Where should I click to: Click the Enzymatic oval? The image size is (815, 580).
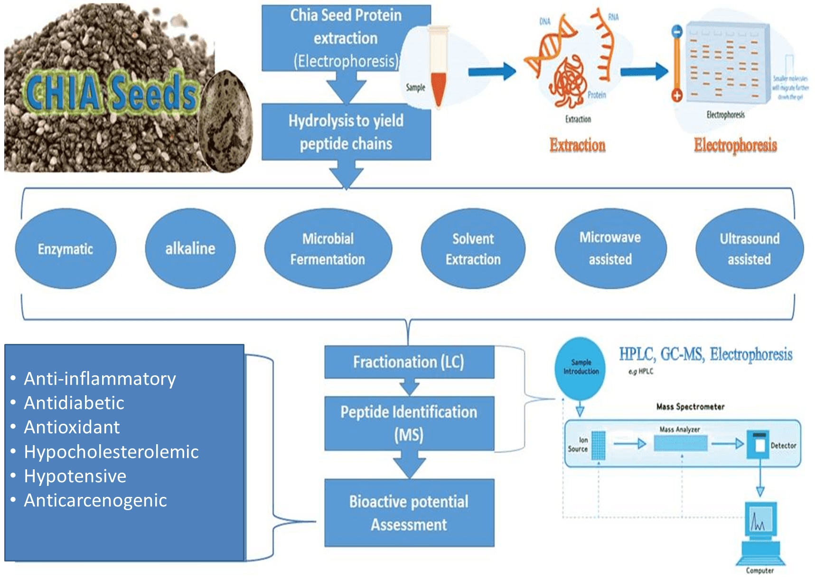pyautogui.click(x=66, y=249)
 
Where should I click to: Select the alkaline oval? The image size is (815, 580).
pyautogui.click(x=190, y=248)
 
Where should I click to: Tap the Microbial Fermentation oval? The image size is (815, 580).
pyautogui.click(x=328, y=249)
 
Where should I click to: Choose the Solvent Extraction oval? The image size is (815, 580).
pyautogui.click(x=473, y=249)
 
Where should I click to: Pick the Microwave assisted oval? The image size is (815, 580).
pyautogui.click(x=610, y=248)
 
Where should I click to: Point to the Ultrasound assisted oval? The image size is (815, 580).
pyautogui.click(x=749, y=249)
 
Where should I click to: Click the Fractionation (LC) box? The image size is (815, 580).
pyautogui.click(x=409, y=362)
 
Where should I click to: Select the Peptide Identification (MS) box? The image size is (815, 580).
pyautogui.click(x=409, y=423)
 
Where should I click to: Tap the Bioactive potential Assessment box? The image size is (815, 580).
pyautogui.click(x=409, y=513)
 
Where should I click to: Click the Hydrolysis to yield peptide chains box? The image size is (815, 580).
pyautogui.click(x=346, y=132)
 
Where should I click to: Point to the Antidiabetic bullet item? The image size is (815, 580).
pyautogui.click(x=74, y=403)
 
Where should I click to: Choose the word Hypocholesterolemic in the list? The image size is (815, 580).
pyautogui.click(x=111, y=452)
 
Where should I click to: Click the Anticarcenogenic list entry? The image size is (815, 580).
pyautogui.click(x=95, y=500)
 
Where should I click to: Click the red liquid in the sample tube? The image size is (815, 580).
pyautogui.click(x=438, y=88)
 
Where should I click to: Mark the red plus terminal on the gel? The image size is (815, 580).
pyautogui.click(x=677, y=95)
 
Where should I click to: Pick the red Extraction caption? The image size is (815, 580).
pyautogui.click(x=577, y=145)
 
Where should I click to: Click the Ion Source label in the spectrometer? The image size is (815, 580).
pyautogui.click(x=578, y=445)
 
